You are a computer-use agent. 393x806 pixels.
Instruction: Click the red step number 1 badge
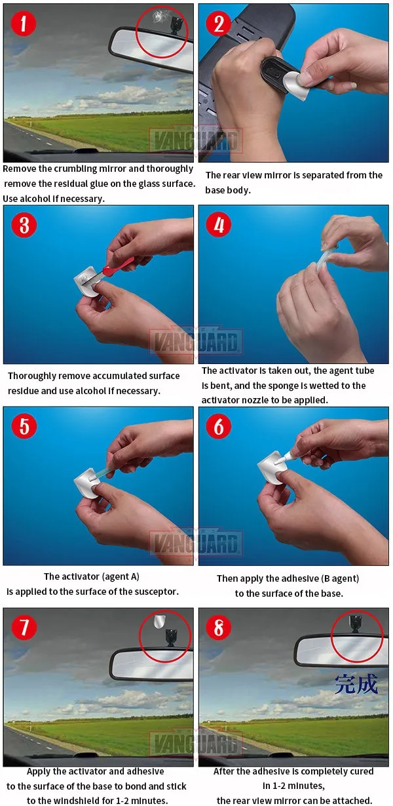pos(24,24)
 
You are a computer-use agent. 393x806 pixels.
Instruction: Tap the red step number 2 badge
pos(218,24)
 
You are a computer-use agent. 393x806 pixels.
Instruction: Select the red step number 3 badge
pos(24,225)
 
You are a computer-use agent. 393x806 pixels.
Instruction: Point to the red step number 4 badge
pos(218,225)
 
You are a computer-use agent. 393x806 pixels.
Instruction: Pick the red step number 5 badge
pos(24,426)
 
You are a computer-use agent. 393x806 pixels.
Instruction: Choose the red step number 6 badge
pos(218,426)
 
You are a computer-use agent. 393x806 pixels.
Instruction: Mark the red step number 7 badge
pos(24,628)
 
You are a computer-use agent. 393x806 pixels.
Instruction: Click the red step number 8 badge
pos(218,628)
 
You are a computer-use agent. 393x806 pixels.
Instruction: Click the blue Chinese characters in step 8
pos(356,684)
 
